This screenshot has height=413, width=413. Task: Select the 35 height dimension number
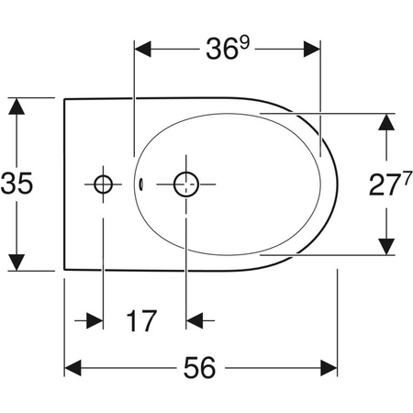point(19,184)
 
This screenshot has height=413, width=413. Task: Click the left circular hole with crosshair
point(103,184)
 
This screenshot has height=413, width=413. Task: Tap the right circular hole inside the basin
point(187,184)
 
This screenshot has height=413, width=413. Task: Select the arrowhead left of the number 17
point(95,321)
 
